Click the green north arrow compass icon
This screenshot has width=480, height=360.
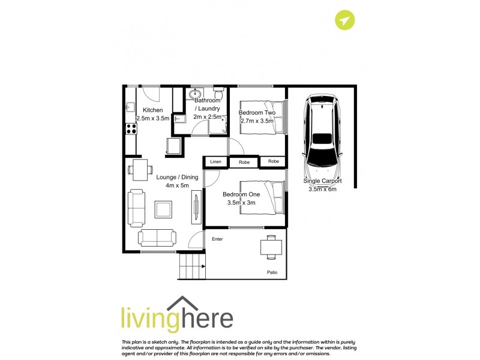click(344, 21)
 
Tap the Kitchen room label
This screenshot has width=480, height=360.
click(152, 110)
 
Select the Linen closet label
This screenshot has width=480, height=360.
click(215, 162)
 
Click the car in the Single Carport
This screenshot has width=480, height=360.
click(323, 132)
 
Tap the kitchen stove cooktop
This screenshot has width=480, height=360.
click(130, 128)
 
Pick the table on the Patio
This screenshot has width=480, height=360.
click(271, 247)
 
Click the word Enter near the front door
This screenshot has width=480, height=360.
click(217, 239)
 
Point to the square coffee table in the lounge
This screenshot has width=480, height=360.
click(164, 209)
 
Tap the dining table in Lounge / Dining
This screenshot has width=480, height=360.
click(140, 169)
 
